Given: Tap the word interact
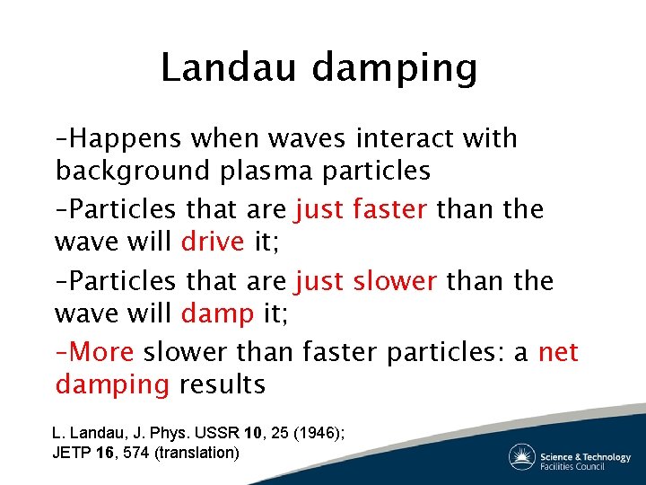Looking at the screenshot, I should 407,138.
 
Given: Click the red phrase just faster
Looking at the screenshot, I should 361,209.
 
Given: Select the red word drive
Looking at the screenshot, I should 213,241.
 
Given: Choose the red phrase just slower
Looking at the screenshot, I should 365,281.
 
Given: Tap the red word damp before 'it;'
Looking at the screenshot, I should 216,313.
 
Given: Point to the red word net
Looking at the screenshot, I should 558,352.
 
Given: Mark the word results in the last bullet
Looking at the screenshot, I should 222,384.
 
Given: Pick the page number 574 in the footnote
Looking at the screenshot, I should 138,453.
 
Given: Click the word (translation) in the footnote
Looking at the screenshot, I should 197,453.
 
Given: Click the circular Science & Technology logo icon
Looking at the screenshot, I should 522,457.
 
